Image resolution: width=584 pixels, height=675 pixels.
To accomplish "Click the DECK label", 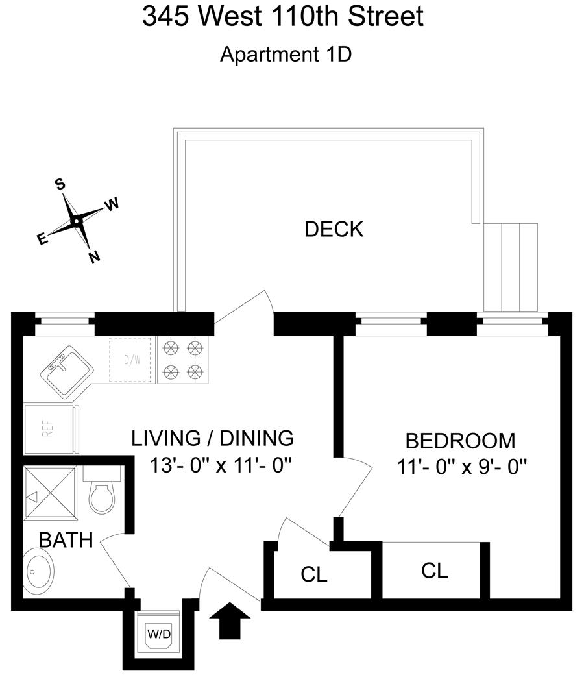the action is tap(334, 229).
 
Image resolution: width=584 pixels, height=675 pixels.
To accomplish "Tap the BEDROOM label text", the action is tap(460, 441).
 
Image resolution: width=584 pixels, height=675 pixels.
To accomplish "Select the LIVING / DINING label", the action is tap(212, 438).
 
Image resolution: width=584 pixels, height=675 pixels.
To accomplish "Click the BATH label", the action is tap(66, 540).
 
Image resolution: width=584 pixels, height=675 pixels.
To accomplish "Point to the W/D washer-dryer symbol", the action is tap(159, 633).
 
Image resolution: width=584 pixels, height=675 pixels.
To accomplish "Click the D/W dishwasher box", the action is tap(132, 360).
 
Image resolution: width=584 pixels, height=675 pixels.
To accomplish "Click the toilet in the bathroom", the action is tap(101, 493).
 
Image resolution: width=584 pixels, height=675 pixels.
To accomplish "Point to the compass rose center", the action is tap(76, 221).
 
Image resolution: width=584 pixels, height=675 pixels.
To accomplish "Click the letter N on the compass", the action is tap(95, 257).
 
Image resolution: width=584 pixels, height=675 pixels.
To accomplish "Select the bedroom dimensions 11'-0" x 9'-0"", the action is tap(460, 466).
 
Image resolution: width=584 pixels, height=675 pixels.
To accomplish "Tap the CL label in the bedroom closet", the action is tap(434, 571).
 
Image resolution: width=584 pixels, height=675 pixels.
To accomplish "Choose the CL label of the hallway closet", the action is tap(314, 574).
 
